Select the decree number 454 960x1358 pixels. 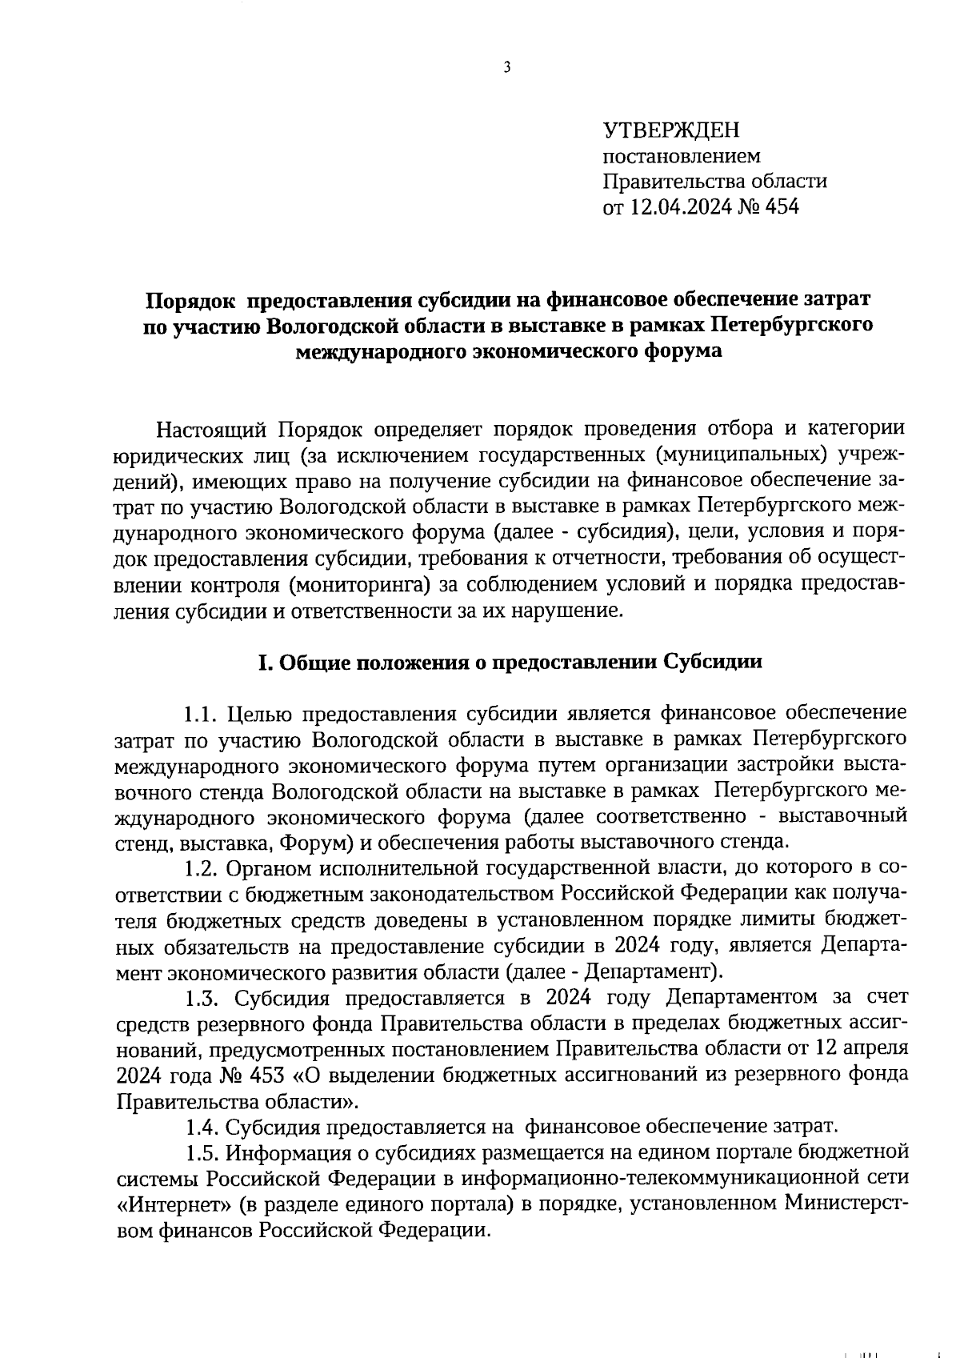coord(782,207)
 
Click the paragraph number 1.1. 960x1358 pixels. coord(202,714)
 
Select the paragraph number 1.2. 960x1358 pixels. coord(202,868)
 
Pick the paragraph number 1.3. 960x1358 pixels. coord(202,998)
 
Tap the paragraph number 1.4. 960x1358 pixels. coord(202,1128)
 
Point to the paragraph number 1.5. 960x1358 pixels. coord(202,1153)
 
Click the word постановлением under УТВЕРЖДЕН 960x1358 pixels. coord(682,155)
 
